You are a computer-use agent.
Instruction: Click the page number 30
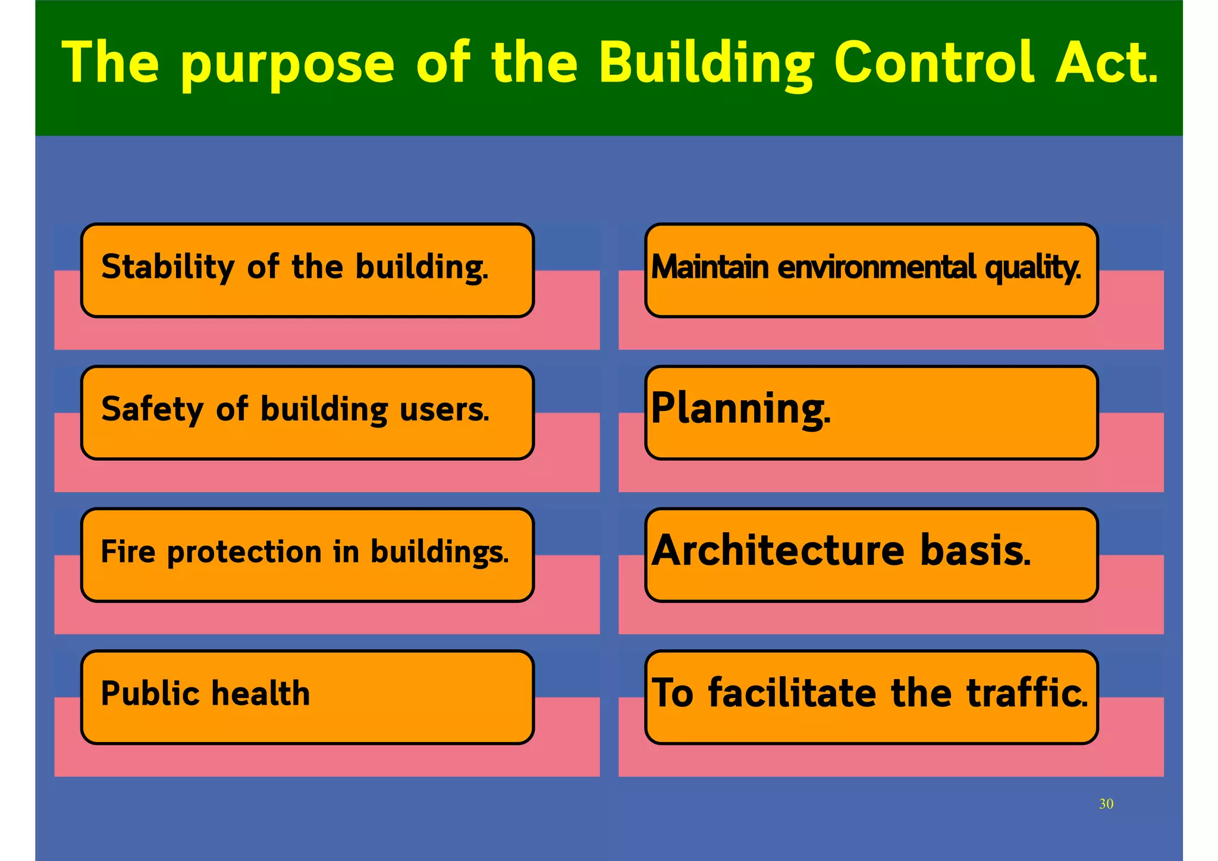(1106, 804)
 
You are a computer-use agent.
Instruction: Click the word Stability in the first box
(168, 267)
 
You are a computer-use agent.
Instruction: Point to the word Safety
(152, 410)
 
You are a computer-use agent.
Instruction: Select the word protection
(244, 552)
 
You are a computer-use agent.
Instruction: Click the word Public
(149, 693)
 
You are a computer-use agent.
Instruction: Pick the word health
(260, 693)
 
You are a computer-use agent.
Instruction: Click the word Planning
(740, 409)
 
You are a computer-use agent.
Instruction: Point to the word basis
(975, 551)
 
